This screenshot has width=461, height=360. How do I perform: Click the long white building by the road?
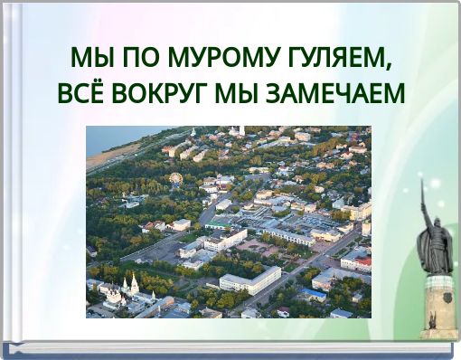click(250, 281)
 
